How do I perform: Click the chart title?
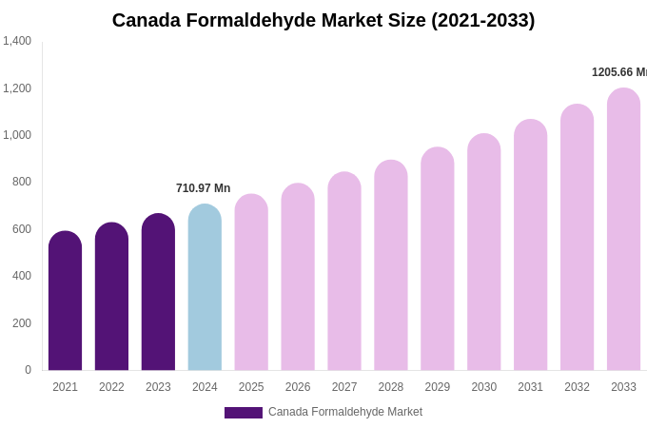click(323, 20)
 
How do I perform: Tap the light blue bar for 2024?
click(205, 287)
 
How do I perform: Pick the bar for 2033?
click(623, 229)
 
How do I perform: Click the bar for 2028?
click(390, 265)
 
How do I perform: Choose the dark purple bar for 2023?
click(158, 292)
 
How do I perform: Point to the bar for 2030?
click(483, 252)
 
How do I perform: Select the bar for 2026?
click(298, 277)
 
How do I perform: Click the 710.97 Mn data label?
click(203, 188)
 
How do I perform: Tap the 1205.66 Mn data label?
click(618, 72)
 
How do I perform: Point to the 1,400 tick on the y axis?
click(17, 41)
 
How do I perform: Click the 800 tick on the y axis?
click(22, 182)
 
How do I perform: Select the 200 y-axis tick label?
click(22, 323)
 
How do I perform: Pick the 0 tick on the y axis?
click(28, 370)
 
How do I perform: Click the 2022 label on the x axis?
click(111, 387)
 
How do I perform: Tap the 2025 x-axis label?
click(251, 387)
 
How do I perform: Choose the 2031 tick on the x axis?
click(530, 387)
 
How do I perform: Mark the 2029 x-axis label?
click(437, 387)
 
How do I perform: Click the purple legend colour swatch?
click(243, 413)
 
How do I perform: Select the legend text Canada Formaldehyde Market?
click(345, 412)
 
